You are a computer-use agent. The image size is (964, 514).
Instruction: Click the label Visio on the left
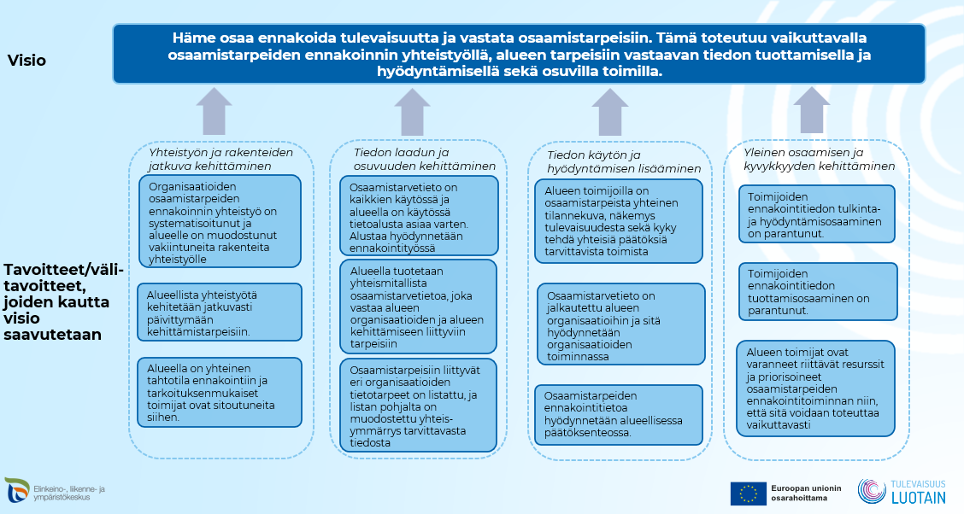pyautogui.click(x=26, y=61)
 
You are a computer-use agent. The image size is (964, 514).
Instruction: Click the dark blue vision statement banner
pyautogui.click(x=519, y=54)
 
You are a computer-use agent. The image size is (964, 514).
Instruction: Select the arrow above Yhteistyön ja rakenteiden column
pyautogui.click(x=214, y=110)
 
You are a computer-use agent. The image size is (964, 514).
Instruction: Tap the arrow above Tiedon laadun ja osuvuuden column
pyautogui.click(x=413, y=112)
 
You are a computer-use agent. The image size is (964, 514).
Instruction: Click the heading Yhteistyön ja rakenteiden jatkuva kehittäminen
pyautogui.click(x=220, y=160)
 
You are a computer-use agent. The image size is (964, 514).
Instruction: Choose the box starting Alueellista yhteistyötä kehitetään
pyautogui.click(x=220, y=312)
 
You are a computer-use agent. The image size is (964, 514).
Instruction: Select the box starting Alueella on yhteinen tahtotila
pyautogui.click(x=220, y=392)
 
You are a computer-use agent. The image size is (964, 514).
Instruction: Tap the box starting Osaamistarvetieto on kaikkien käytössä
pyautogui.click(x=419, y=218)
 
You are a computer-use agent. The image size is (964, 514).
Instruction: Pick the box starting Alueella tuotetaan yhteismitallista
pyautogui.click(x=419, y=307)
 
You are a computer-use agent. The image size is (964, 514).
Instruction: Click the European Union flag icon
pyautogui.click(x=748, y=494)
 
